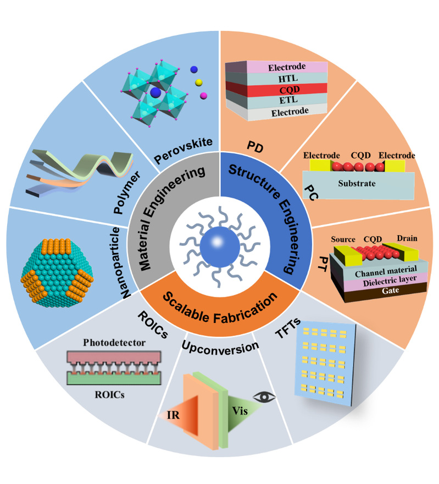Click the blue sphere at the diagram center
click(x=220, y=247)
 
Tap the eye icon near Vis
click(x=264, y=397)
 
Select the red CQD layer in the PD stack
click(x=276, y=89)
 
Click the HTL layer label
click(x=288, y=79)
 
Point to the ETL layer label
click(x=288, y=100)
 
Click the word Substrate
click(x=357, y=183)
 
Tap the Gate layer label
click(x=390, y=290)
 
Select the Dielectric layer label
click(x=390, y=281)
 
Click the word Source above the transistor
click(x=343, y=239)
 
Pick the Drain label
click(x=407, y=238)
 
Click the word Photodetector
click(x=114, y=342)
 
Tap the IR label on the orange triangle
click(x=173, y=415)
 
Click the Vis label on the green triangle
click(x=240, y=411)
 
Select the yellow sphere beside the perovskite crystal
click(x=199, y=82)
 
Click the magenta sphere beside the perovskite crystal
click(x=203, y=96)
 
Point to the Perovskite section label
click(x=184, y=150)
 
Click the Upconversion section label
click(x=220, y=348)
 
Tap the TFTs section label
click(x=288, y=328)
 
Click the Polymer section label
click(x=127, y=193)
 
